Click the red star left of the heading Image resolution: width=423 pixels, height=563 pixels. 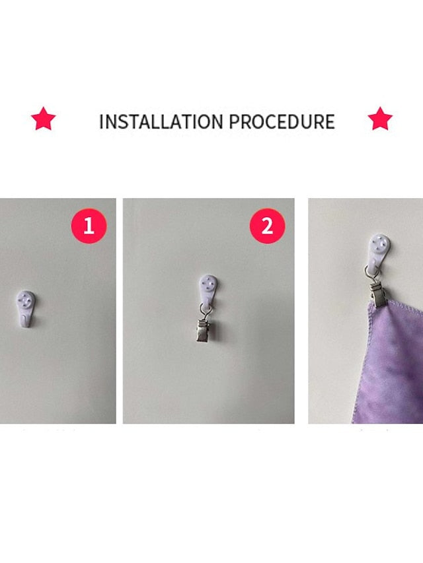tap(43, 119)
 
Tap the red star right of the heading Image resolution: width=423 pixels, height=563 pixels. tap(380, 119)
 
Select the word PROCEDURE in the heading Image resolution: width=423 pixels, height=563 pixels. tap(282, 121)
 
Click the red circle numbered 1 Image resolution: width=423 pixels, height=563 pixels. tap(89, 226)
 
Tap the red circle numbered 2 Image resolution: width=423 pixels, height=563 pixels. tap(267, 226)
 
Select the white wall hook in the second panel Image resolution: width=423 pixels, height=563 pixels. tap(208, 290)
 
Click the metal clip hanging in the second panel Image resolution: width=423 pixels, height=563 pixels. tap(204, 330)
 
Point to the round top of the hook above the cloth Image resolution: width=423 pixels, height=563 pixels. tap(380, 244)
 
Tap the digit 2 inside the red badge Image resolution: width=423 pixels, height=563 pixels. tap(267, 226)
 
